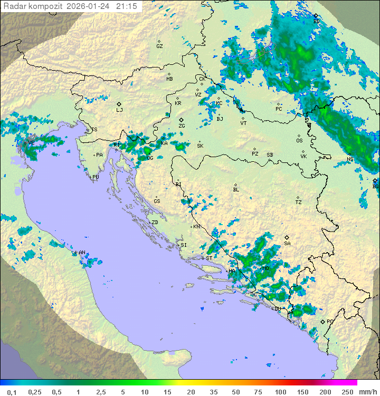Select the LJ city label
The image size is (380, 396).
tap(119, 110)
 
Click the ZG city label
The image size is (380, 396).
tap(182, 126)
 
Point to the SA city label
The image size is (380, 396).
tap(287, 244)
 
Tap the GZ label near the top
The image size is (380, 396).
tap(159, 46)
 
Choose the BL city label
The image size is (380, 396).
tap(236, 190)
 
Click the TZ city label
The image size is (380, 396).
tap(298, 202)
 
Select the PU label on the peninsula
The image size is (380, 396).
tap(96, 177)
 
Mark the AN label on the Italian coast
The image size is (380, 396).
tap(82, 253)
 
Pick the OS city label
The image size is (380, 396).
tap(299, 141)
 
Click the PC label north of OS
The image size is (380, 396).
tap(279, 109)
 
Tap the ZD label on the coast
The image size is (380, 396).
tap(155, 223)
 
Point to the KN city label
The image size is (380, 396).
tap(196, 227)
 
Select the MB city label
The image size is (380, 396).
tap(169, 79)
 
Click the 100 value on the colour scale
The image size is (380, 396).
tap(280, 392)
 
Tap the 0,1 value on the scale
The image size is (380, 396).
tap(12, 392)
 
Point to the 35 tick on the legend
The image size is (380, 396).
tap(213, 392)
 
